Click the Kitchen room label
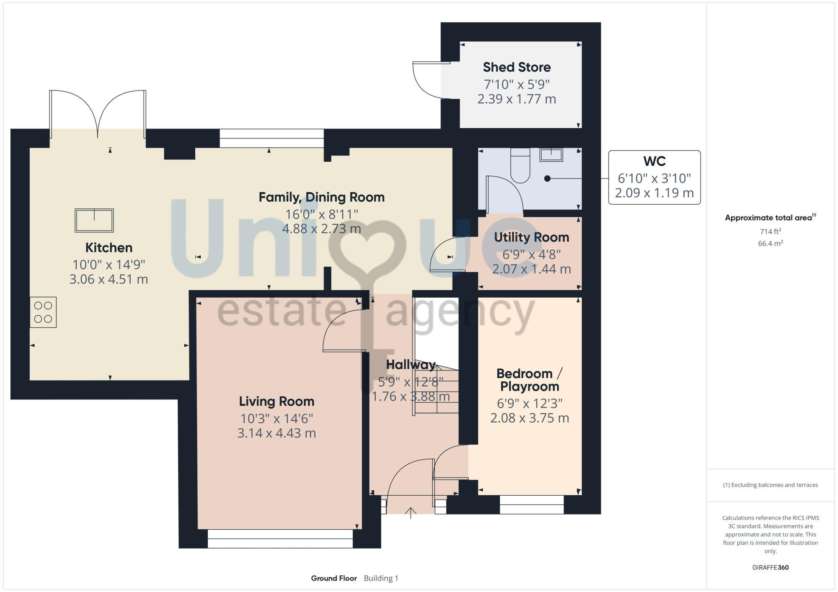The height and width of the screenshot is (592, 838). [x=109, y=247]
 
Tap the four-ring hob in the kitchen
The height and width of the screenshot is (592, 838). [x=43, y=312]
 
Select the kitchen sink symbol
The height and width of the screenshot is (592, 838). [x=94, y=220]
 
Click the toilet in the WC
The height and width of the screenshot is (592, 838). [x=520, y=166]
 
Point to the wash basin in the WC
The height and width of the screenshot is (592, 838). [x=551, y=154]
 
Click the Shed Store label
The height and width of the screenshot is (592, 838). [x=517, y=67]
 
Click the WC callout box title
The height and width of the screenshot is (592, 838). [x=654, y=161]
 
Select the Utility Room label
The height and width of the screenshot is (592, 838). [x=531, y=237]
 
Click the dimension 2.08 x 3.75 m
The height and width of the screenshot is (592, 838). [x=530, y=418]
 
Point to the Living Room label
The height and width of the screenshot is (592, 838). [x=277, y=401]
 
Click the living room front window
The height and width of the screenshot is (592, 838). [x=280, y=539]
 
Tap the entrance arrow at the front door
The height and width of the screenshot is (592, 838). [x=411, y=513]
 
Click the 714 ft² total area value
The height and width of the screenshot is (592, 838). [x=770, y=232]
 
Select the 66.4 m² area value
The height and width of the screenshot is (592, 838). [x=770, y=243]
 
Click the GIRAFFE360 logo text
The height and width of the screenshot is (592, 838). [x=770, y=568]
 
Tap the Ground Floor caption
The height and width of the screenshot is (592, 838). [x=334, y=578]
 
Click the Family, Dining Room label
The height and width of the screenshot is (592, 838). [x=321, y=197]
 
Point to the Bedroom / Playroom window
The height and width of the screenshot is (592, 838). [x=531, y=504]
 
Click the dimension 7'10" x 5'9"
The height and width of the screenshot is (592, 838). [x=517, y=85]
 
